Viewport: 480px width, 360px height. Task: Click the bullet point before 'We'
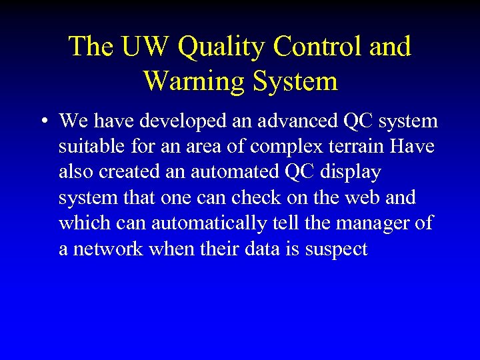coord(43,122)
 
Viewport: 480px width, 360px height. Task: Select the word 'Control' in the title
coord(310,47)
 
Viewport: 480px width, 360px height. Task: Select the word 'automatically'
coord(208,223)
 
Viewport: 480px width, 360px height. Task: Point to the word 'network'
coord(107,249)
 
